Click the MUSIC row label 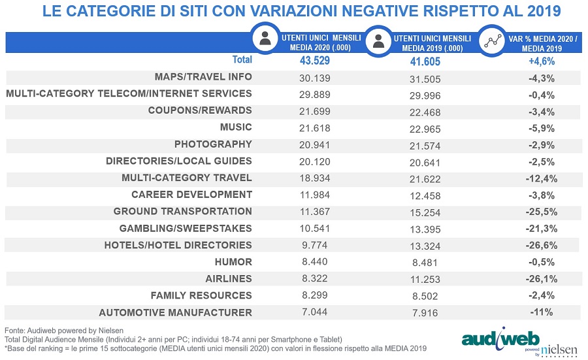click(x=236, y=127)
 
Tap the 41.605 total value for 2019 click(x=418, y=61)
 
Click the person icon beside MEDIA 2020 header click(x=265, y=40)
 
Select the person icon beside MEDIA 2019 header click(x=378, y=41)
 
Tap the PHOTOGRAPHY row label click(x=213, y=144)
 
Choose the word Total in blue click(x=242, y=59)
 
